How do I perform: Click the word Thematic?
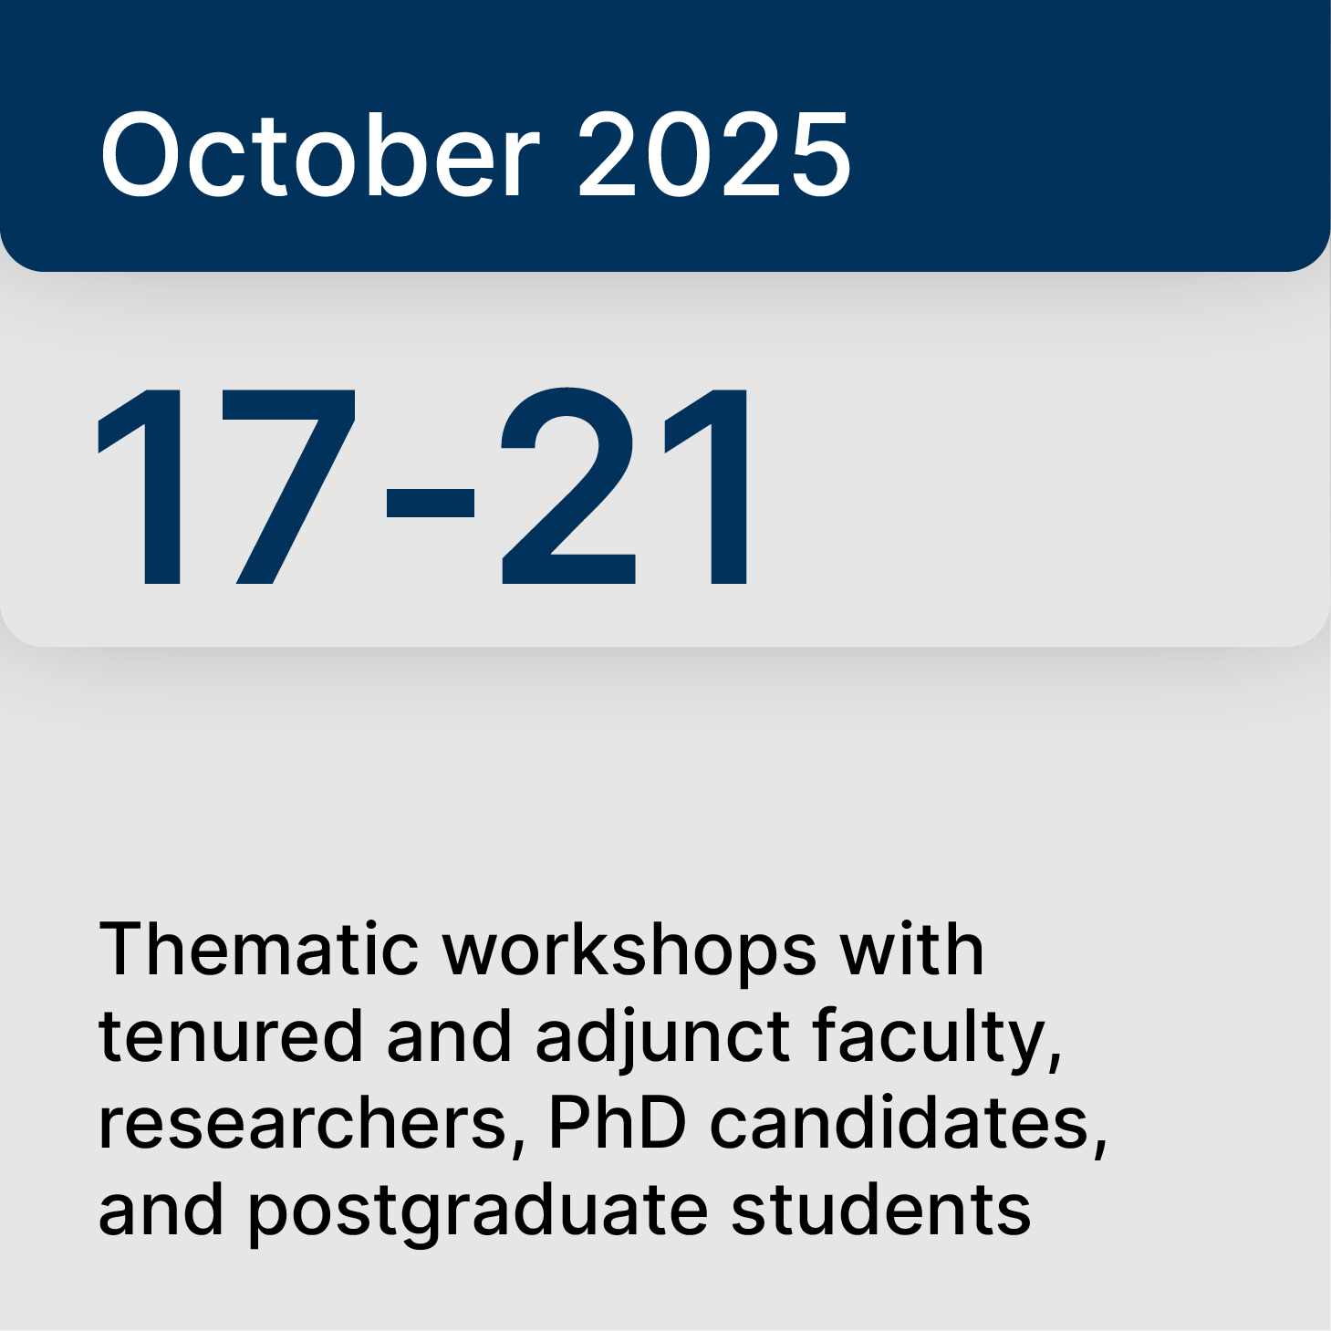tap(258, 950)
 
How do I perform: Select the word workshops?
tap(629, 950)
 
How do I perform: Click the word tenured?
tap(231, 1036)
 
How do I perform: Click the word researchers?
tap(304, 1123)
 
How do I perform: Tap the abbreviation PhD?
tap(617, 1123)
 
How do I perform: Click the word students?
tap(881, 1210)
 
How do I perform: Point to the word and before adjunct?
tap(450, 1036)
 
